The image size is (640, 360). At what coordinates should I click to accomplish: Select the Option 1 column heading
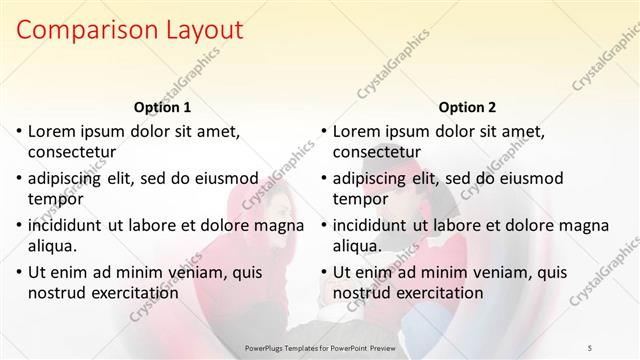click(x=161, y=107)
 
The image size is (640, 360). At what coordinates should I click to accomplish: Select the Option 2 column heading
click(x=467, y=107)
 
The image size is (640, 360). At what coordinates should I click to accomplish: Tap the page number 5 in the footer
click(x=591, y=347)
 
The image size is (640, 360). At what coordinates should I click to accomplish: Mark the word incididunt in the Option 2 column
click(x=372, y=225)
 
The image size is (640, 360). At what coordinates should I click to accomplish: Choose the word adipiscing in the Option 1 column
click(x=68, y=178)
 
